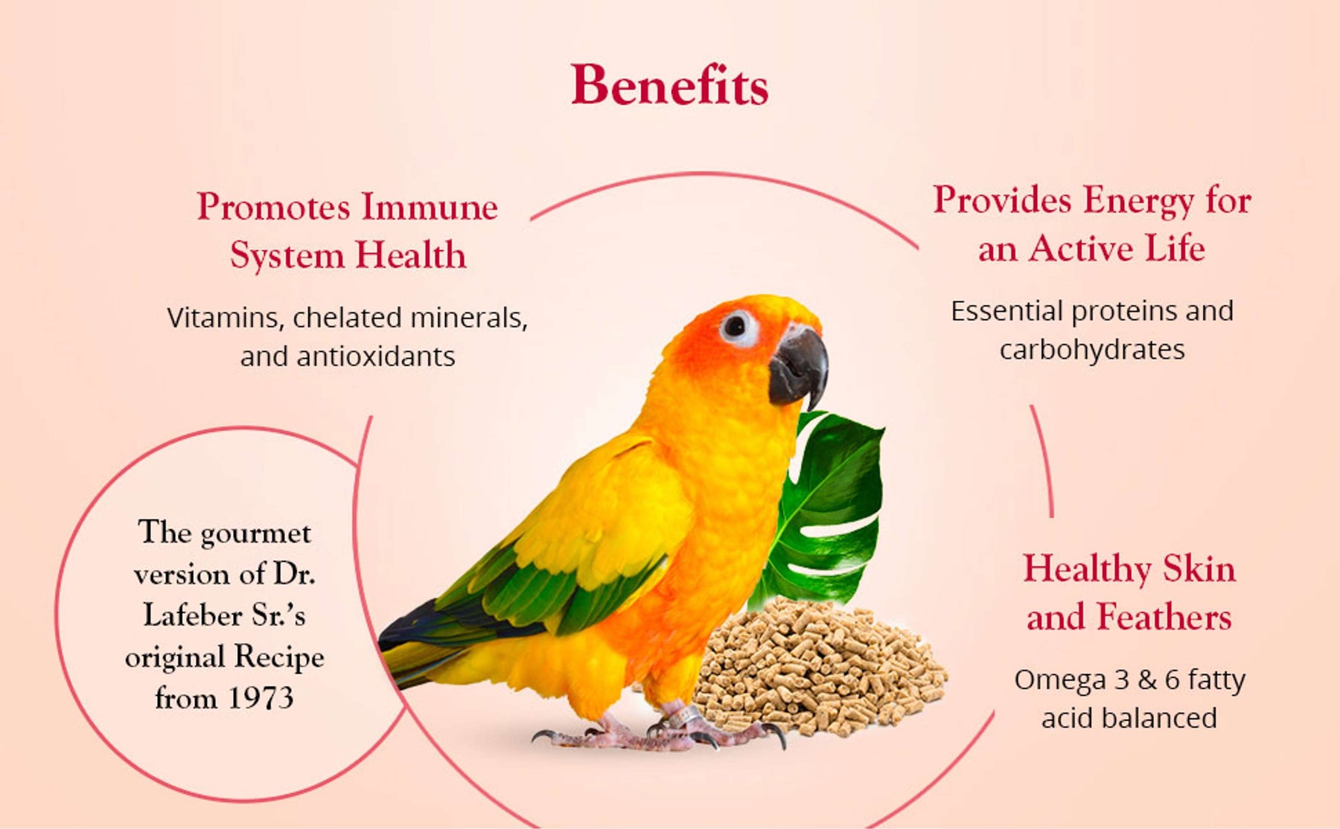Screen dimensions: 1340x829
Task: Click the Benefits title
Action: coord(669,85)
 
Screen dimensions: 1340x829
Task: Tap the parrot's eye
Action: coord(736,326)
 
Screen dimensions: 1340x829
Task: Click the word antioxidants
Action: coord(375,356)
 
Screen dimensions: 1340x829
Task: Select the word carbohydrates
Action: coord(1091,350)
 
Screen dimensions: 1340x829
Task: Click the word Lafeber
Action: coord(191,615)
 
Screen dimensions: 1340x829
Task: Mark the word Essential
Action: coord(1006,311)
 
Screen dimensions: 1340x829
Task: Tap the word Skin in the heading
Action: coord(1199,569)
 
